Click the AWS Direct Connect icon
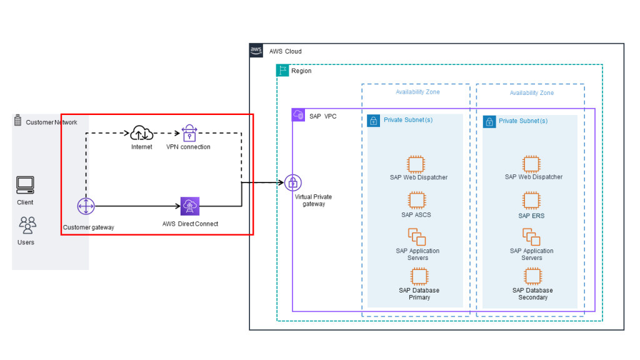point(189,206)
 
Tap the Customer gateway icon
point(86,206)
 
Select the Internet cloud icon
point(142,132)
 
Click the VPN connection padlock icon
point(189,132)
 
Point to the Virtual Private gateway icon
point(293,182)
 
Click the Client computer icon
point(25,185)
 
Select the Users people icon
point(27,224)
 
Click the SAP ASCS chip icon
point(416,201)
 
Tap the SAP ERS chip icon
point(531,201)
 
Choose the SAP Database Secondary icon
point(532,276)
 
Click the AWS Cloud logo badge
point(256,51)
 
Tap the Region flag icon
point(282,71)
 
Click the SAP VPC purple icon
point(298,116)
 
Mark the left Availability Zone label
point(417,92)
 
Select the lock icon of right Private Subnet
point(489,121)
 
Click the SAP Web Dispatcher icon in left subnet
point(416,164)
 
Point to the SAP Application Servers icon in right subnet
point(531,237)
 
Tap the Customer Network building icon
point(17,121)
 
